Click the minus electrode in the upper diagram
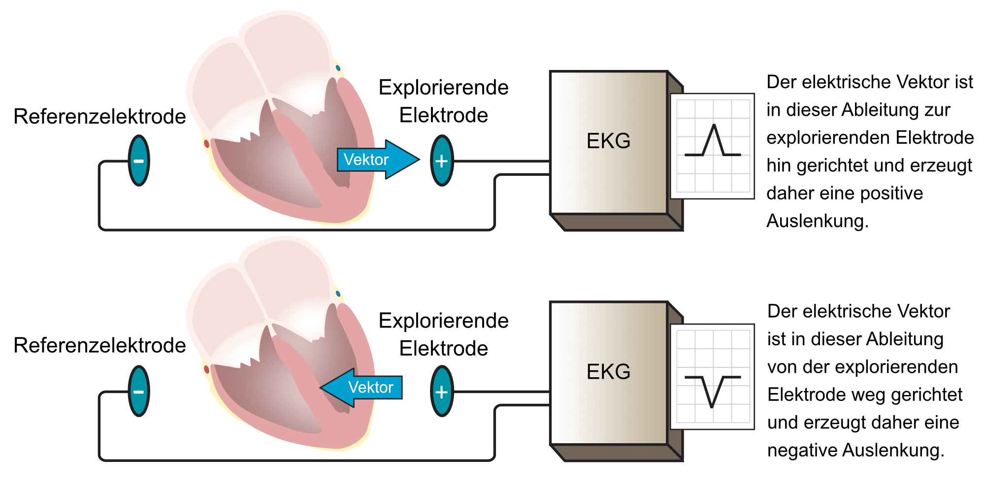[x=139, y=161]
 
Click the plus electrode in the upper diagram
[x=442, y=161]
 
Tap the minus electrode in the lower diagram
[x=139, y=391]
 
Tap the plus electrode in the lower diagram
[x=442, y=391]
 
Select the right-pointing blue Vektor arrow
[x=377, y=160]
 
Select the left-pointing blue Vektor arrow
[x=362, y=387]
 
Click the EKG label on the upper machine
[x=608, y=141]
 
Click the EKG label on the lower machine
[x=608, y=372]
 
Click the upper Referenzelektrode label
[x=99, y=117]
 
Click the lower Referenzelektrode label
[x=99, y=346]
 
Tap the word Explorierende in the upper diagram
[x=443, y=88]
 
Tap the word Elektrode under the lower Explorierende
[x=443, y=349]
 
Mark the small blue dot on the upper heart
[x=338, y=68]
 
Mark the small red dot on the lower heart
[x=206, y=369]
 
